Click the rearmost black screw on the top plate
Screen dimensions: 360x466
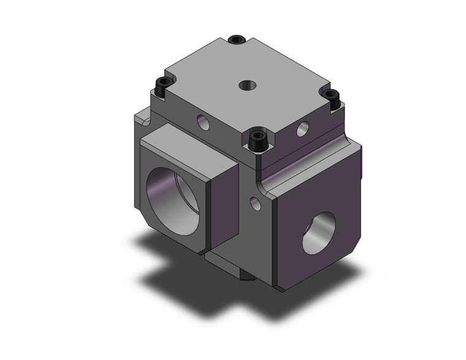coord(237,40)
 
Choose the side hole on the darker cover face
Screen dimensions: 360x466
coord(303,129)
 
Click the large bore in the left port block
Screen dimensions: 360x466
coord(173,199)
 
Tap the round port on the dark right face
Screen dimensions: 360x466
coord(319,234)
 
